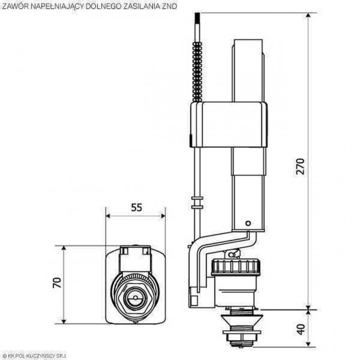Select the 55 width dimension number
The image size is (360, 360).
136,208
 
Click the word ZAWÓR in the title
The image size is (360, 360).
16,5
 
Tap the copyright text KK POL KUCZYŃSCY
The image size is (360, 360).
36,356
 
